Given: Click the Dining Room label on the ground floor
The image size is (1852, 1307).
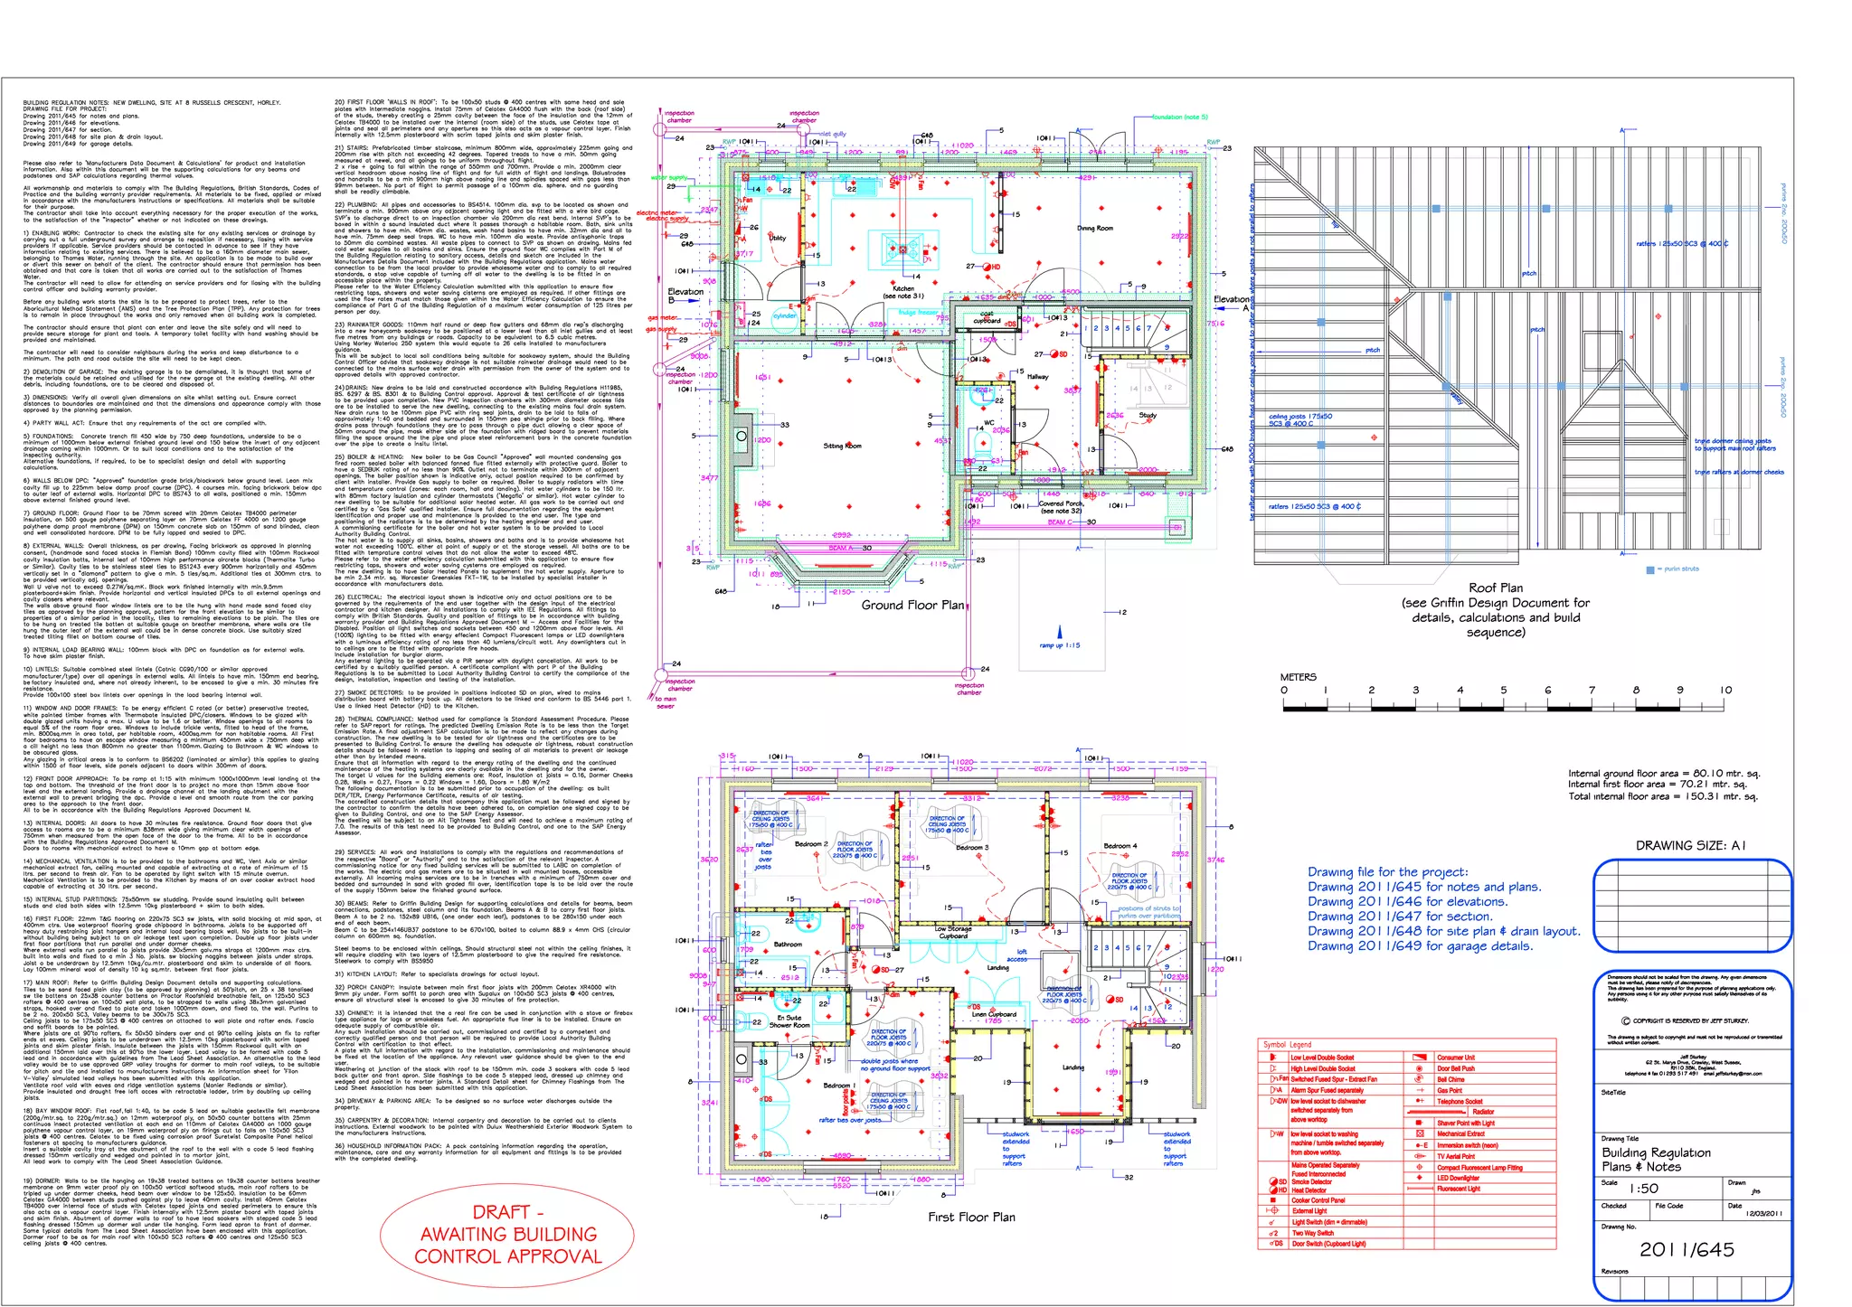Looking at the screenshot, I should [1094, 229].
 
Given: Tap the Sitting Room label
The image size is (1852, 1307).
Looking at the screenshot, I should [842, 446].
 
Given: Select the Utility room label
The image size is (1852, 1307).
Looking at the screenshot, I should [777, 238].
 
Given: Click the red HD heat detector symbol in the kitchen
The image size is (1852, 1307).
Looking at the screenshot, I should [994, 267].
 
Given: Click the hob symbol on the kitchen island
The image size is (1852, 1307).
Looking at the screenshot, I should [901, 249].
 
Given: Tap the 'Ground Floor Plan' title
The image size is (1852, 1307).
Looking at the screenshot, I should [912, 605].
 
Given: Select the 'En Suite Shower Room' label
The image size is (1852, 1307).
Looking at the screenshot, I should [789, 1021].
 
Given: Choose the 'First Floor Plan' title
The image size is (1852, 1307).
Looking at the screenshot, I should [970, 1217].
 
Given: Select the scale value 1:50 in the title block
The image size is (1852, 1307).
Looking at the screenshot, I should [1643, 1189].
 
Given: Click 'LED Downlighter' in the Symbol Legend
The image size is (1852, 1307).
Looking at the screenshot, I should [1458, 1178].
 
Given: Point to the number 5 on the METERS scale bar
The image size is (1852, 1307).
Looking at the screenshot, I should [1503, 691].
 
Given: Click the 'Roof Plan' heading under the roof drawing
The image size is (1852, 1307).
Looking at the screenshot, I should [1495, 588].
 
